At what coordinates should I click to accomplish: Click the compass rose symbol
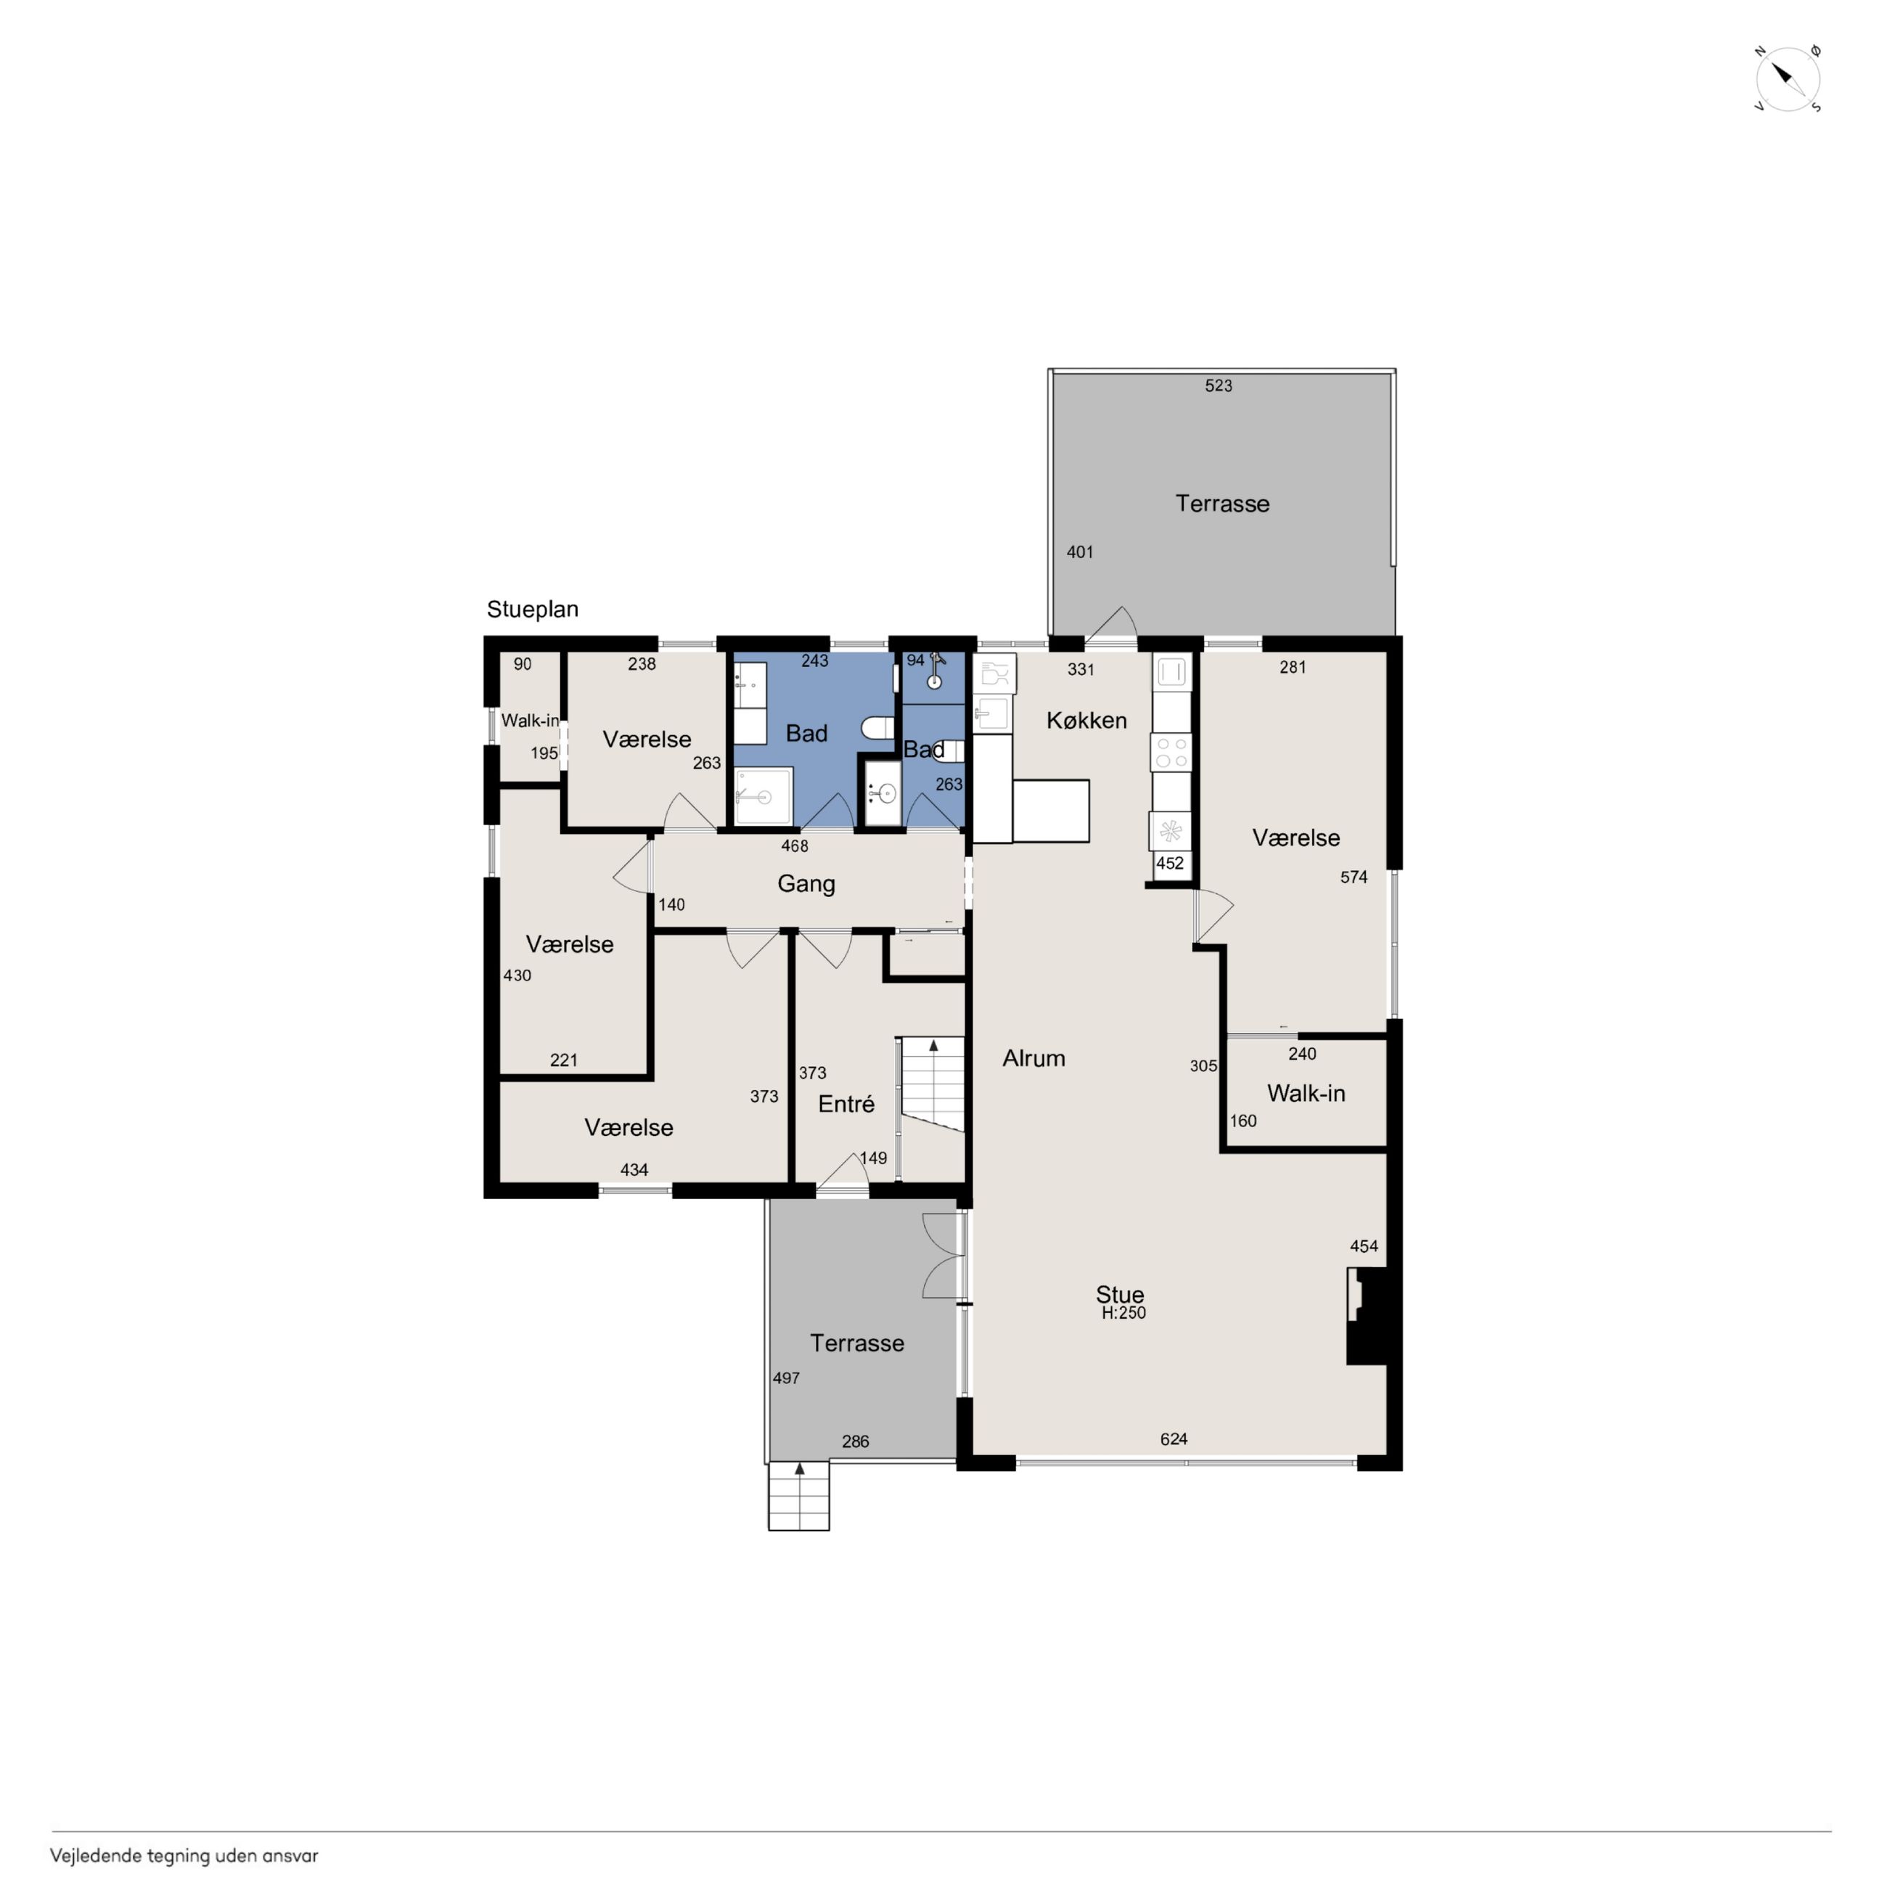pos(1788,78)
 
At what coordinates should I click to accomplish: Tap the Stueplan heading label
pos(532,610)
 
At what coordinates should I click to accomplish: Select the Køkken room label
pos(1086,721)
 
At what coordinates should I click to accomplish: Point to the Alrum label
pos(1033,1057)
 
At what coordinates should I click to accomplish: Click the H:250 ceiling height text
pos(1123,1314)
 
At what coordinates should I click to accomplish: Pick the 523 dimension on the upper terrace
pos(1218,386)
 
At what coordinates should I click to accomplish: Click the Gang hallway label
pos(806,884)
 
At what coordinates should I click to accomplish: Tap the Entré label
pos(846,1104)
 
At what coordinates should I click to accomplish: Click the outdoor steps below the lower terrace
pos(799,1495)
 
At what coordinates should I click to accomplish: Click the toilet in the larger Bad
pos(877,728)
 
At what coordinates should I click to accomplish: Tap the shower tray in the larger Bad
pos(764,797)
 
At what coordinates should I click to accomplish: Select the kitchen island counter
pos(1051,811)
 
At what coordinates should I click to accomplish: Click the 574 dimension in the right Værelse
pos(1354,877)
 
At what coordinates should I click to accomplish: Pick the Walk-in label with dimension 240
pos(1306,1094)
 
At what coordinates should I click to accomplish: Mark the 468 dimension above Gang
pos(794,846)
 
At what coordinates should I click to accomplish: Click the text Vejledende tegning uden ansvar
pos(184,1856)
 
